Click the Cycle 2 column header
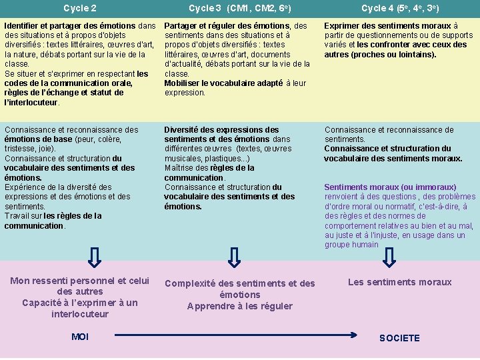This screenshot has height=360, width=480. pos(79,9)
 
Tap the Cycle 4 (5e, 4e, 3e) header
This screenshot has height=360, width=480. pos(399,9)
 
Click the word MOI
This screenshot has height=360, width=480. pos(79,337)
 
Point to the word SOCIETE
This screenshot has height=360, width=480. pos(399,338)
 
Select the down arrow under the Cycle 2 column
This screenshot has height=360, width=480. pos(95,257)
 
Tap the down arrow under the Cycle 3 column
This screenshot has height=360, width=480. pos(234,257)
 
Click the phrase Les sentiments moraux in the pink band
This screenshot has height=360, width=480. pos(399,282)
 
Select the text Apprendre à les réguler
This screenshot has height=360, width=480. pos(239,306)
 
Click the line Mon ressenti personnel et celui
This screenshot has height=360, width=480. pos(80,281)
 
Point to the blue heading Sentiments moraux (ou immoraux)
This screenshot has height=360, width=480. pos(390,187)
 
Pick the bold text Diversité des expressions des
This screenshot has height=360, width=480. pos(221,130)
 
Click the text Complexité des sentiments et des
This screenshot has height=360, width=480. pos(239,283)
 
